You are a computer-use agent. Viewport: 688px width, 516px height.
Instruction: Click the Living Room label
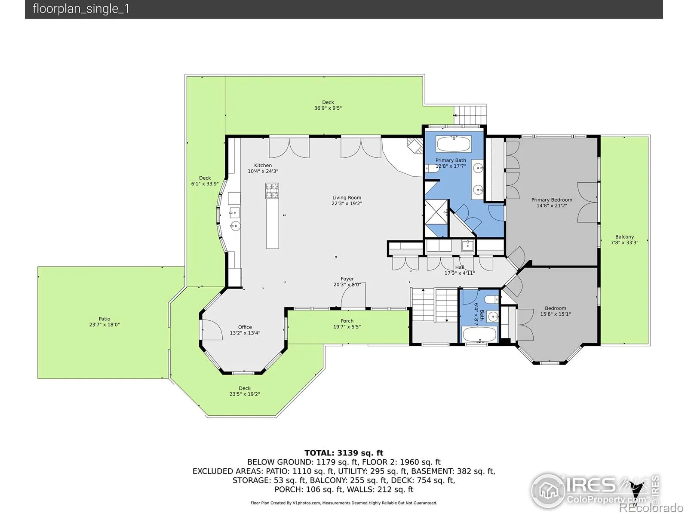point(346,198)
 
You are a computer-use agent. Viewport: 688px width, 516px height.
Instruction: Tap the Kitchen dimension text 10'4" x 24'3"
point(263,172)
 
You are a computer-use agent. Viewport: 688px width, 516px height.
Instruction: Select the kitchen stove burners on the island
point(272,191)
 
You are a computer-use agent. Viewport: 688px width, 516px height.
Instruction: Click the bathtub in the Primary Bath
point(454,144)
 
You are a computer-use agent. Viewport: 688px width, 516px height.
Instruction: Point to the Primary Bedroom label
point(551,200)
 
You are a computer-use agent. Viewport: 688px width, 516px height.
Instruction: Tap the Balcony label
point(624,237)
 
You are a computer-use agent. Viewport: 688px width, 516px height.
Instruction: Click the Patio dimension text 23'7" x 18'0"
point(104,325)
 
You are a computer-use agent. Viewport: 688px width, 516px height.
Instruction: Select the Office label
point(245,327)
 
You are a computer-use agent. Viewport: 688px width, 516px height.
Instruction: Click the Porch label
point(347,321)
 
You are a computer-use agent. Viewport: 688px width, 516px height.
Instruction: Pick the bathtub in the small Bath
point(479,334)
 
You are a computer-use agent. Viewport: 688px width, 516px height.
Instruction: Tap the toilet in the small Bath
point(491,300)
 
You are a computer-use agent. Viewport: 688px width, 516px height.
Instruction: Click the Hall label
point(460,267)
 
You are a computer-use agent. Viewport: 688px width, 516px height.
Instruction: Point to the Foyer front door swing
point(353,295)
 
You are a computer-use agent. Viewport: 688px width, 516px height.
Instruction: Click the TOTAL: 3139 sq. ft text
point(344,453)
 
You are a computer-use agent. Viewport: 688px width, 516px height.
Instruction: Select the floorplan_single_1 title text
point(81,9)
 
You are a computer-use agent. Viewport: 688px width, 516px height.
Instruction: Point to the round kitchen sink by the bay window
point(235,226)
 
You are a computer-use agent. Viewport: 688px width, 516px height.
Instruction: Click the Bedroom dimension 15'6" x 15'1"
point(555,314)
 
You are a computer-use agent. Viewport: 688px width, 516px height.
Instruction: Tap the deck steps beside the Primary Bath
point(470,115)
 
